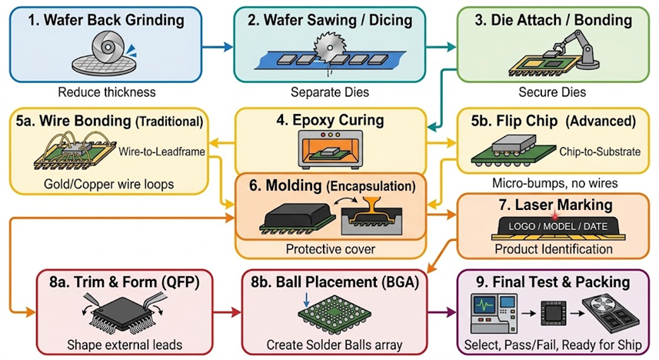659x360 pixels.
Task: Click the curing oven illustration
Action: coord(331,149)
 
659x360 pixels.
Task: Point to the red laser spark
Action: coord(557,215)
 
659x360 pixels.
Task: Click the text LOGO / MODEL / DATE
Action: coord(557,227)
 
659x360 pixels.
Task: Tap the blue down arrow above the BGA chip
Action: coord(306,298)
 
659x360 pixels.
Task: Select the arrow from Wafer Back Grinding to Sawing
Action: coord(218,47)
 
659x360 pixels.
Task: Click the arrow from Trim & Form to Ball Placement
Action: coord(227,312)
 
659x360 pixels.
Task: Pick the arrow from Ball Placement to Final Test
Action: coord(442,312)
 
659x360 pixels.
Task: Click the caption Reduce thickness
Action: coord(107,92)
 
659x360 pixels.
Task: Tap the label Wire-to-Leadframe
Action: coord(161,152)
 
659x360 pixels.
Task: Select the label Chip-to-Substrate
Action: coord(600,152)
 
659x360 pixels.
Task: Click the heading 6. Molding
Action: coord(285,185)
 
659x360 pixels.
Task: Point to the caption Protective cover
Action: coord(331,249)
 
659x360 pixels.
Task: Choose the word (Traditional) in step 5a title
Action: coord(169,122)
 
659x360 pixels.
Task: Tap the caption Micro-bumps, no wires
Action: coord(554,183)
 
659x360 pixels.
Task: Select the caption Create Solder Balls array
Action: coord(334,345)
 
